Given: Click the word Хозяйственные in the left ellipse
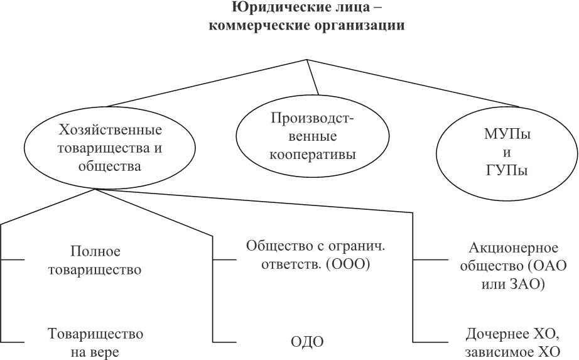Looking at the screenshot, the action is [110, 130].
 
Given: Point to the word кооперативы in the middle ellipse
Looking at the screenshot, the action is [312, 154].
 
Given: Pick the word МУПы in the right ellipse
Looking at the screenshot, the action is [507, 134].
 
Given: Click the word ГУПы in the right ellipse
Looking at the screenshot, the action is [507, 171].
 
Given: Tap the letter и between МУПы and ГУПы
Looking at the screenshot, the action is [507, 153].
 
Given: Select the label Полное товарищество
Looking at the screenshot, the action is [95, 261].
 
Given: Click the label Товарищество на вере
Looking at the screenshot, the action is [95, 342].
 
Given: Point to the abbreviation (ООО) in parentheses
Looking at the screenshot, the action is [348, 265].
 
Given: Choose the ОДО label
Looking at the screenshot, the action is [307, 342].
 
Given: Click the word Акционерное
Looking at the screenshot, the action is [513, 248].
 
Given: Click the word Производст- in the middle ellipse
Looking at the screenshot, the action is [312, 118].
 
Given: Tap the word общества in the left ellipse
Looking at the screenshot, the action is [110, 166].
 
